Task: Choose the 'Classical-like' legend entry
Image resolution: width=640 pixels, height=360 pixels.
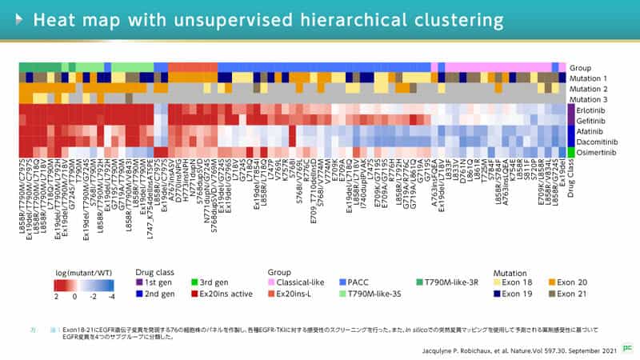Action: click(x=301, y=282)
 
